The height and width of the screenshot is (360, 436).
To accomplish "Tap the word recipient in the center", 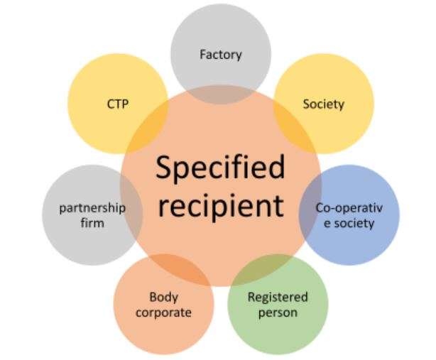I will (220, 206).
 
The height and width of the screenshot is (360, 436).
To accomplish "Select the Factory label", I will (221, 55).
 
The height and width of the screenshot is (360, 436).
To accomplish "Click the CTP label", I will (117, 104).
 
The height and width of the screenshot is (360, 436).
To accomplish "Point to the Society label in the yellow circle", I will (323, 104).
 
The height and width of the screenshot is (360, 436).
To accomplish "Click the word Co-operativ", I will (349, 209).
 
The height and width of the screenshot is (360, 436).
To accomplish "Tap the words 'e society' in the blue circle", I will (349, 224).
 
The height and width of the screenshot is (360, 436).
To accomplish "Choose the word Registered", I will (278, 297).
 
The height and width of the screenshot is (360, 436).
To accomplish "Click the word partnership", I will (92, 208).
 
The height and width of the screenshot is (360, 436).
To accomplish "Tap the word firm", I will (92, 223).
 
